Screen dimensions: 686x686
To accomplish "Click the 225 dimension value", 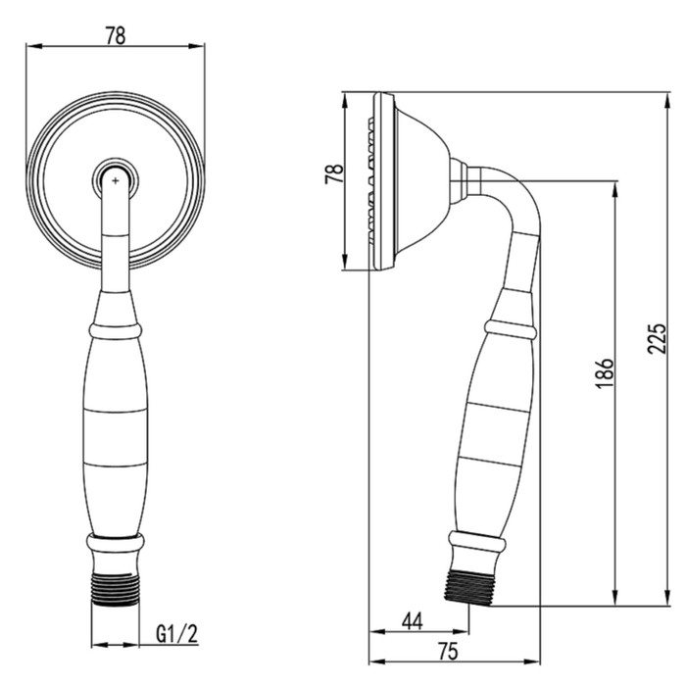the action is pyautogui.click(x=658, y=338).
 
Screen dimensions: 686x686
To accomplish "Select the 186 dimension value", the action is pyautogui.click(x=605, y=373).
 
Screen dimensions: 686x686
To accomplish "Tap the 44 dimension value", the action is pyautogui.click(x=413, y=621).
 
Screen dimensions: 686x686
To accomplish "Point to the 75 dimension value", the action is pyautogui.click(x=447, y=651).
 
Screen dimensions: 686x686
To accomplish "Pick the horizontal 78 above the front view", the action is pyautogui.click(x=116, y=36).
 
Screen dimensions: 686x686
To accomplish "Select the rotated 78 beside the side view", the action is pyautogui.click(x=334, y=174).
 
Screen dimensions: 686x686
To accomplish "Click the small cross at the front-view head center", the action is pyautogui.click(x=115, y=180).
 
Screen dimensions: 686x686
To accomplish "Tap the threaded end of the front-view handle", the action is pyautogui.click(x=116, y=588).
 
